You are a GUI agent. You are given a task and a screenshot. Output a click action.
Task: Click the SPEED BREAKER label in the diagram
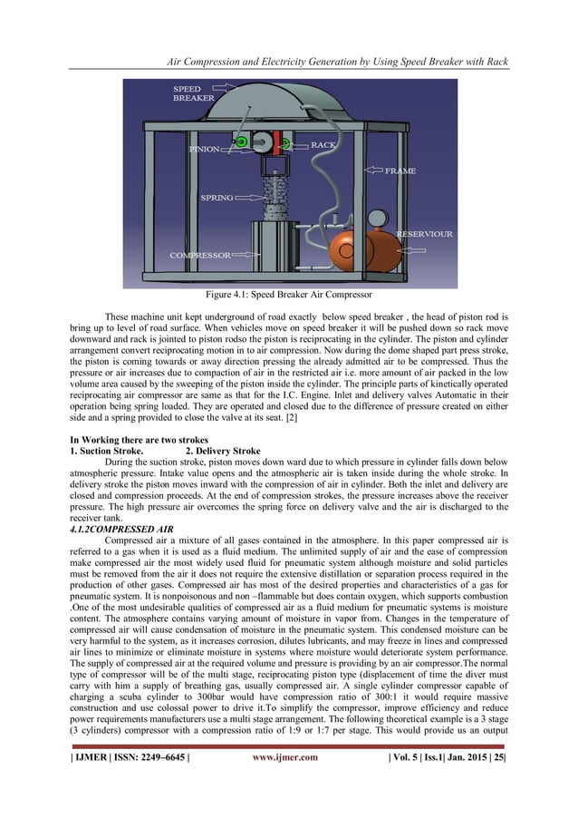point(193,93)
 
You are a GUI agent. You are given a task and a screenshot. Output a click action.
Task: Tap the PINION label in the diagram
point(207,149)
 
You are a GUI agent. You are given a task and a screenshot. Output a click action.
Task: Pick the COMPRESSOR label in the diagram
point(201,255)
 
